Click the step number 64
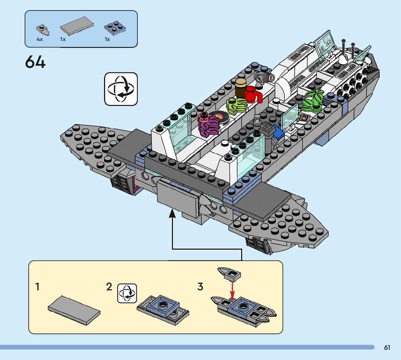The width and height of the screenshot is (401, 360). point(35,62)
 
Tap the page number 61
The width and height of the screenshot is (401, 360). point(387,348)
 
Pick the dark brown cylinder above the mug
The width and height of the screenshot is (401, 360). point(240,87)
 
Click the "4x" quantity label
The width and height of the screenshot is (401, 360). point(40,39)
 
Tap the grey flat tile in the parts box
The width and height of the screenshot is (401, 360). point(77,26)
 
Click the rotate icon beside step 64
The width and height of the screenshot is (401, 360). point(121,89)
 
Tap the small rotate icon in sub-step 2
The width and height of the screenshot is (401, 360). point(127,293)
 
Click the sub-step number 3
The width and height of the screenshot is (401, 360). point(200,287)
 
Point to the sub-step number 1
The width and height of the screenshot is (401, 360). point(37,287)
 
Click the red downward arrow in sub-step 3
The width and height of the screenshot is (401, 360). point(232,290)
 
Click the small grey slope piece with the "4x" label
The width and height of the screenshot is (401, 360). point(43,29)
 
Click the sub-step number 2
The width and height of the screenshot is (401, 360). point(109,287)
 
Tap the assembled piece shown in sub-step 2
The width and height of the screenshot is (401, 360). point(163,308)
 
